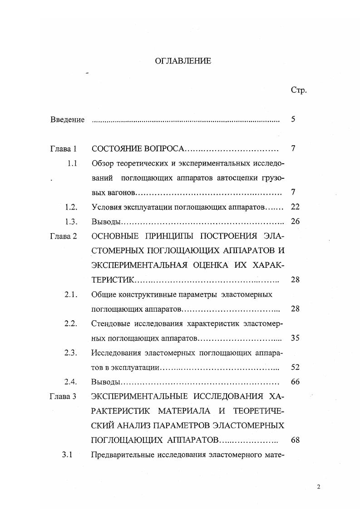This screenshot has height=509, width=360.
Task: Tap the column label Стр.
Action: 298,90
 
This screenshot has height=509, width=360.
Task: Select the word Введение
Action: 67,120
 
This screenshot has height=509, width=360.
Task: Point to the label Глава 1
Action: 64,149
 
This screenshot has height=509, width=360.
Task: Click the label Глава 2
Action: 64,236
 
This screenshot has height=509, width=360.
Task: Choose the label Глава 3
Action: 63,396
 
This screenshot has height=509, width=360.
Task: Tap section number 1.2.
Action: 71,207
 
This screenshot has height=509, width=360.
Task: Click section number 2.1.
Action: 71,294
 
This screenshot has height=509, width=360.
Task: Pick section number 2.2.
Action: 71,323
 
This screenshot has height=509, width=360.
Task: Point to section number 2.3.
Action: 71,352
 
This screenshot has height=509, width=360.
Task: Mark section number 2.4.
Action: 71,382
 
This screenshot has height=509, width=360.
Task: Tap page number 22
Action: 295,207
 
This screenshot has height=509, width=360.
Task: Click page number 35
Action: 295,338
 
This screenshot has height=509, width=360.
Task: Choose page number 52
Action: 295,367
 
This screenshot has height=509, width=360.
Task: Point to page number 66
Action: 295,382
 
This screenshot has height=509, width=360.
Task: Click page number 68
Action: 295,440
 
